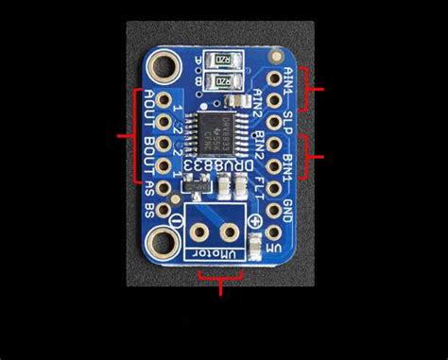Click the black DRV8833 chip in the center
pos(210,131)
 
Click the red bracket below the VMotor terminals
pos(221,279)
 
